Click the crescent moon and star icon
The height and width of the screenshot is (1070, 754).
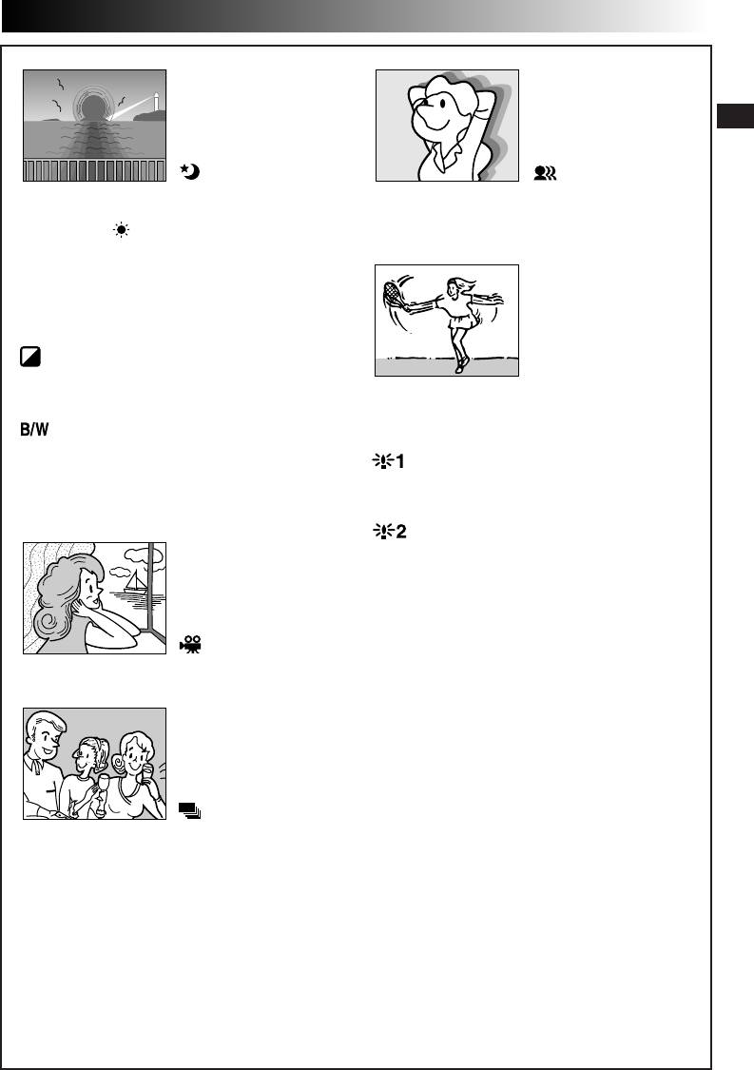coord(190,172)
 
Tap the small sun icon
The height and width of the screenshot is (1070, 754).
coord(122,230)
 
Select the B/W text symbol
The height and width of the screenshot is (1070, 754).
coord(34,429)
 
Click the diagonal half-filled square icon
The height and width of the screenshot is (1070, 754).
coord(30,357)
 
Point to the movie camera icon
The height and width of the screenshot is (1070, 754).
coord(190,644)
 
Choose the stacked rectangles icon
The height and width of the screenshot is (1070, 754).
coord(190,810)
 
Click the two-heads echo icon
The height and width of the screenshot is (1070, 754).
coord(545,173)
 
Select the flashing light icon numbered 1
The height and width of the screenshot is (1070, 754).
coord(388,461)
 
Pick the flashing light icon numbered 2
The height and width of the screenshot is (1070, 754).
coord(390,531)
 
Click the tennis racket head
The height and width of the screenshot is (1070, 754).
coord(392,295)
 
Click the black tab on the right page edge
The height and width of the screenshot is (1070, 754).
coord(735,116)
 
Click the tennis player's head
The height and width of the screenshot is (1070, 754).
coord(454,287)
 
